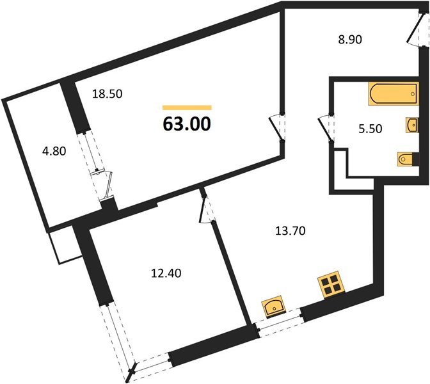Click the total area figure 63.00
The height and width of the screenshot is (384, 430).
[187, 123]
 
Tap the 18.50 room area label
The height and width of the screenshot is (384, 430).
[107, 93]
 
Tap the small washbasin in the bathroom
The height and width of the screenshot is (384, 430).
[410, 124]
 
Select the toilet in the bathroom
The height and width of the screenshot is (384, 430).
[405, 158]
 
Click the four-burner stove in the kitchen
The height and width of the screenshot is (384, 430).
[331, 285]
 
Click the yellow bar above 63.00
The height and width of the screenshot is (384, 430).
[187, 108]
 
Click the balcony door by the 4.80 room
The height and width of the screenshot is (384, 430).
[102, 182]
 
